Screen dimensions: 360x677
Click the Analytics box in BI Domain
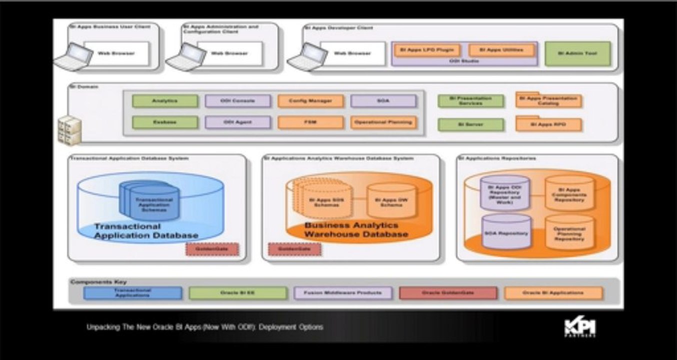[x=165, y=101]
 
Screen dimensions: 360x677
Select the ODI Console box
[x=237, y=101]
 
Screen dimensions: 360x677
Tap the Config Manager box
[x=310, y=101]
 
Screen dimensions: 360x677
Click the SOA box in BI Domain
[x=383, y=101]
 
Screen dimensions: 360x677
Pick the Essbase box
[x=165, y=122]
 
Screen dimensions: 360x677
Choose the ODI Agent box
[x=237, y=122]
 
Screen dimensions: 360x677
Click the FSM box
[x=310, y=122]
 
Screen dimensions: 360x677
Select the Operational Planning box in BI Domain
[x=383, y=122]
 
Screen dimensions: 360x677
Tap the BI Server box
[x=470, y=124]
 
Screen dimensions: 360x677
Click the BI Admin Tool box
[x=577, y=53]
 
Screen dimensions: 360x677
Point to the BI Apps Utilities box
[x=501, y=50]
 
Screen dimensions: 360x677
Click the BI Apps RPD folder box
[x=548, y=124]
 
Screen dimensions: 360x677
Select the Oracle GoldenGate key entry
[x=448, y=293]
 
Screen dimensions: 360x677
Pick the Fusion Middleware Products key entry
[x=343, y=293]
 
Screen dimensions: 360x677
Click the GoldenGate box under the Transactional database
[x=212, y=249]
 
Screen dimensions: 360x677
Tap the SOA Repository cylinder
[x=506, y=232]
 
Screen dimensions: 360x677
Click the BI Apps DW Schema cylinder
[x=391, y=201]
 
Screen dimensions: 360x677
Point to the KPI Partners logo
[x=580, y=328]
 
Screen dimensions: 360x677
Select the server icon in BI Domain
[x=68, y=130]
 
